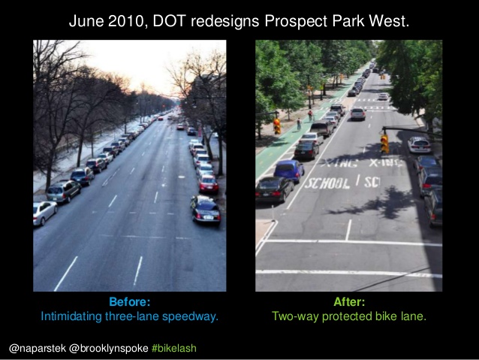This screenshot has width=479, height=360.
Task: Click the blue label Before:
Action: tap(130, 302)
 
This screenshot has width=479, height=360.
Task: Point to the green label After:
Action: tap(349, 302)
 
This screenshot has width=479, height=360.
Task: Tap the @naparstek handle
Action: tap(38, 349)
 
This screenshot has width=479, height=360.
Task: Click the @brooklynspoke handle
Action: tap(109, 349)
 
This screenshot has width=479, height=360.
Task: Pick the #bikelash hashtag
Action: tap(174, 349)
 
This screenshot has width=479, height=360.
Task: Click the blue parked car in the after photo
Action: tap(289, 171)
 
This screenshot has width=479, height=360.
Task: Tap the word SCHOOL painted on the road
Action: tap(327, 183)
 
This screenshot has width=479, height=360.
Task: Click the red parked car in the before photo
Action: tap(208, 183)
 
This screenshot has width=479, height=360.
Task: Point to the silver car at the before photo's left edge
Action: tap(44, 213)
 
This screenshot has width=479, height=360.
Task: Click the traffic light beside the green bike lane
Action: tap(277, 126)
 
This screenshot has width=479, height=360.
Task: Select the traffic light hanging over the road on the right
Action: tap(384, 143)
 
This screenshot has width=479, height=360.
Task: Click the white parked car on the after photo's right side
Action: tap(419, 144)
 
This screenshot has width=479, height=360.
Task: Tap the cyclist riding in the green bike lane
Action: tap(310, 115)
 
